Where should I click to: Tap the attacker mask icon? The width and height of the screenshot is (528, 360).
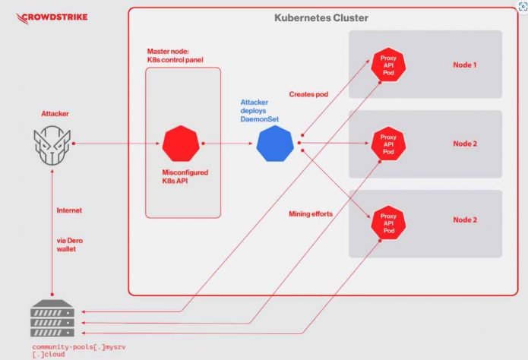(51, 144)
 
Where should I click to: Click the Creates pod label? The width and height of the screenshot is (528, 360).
(308, 94)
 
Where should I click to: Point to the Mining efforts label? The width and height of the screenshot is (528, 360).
(311, 215)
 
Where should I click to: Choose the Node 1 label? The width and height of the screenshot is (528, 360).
(465, 65)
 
